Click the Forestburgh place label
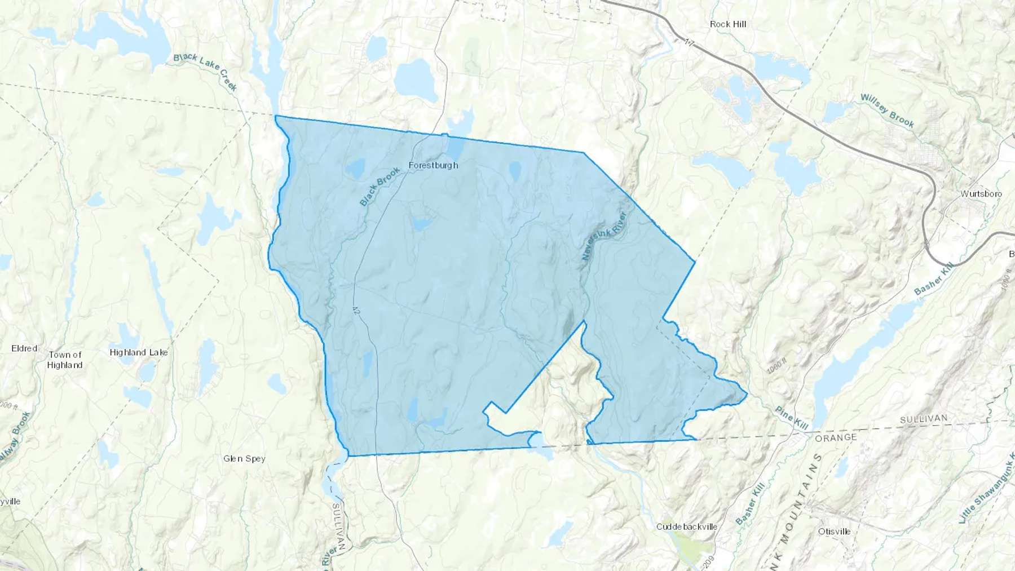tap(433, 165)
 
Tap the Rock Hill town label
tap(728, 24)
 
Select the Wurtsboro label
tap(981, 194)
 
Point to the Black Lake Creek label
tap(205, 72)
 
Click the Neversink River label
tap(604, 236)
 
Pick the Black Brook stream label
tap(379, 186)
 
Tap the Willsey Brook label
tap(887, 110)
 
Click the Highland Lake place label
tap(139, 352)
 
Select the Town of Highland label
tap(65, 360)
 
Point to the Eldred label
tap(24, 348)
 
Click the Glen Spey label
tap(244, 458)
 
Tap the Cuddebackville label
tap(687, 526)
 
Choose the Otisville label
tap(834, 531)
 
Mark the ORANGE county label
tap(836, 437)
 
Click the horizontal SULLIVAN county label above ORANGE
tap(924, 419)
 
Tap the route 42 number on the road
tap(355, 309)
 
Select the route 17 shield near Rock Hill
tap(689, 43)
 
